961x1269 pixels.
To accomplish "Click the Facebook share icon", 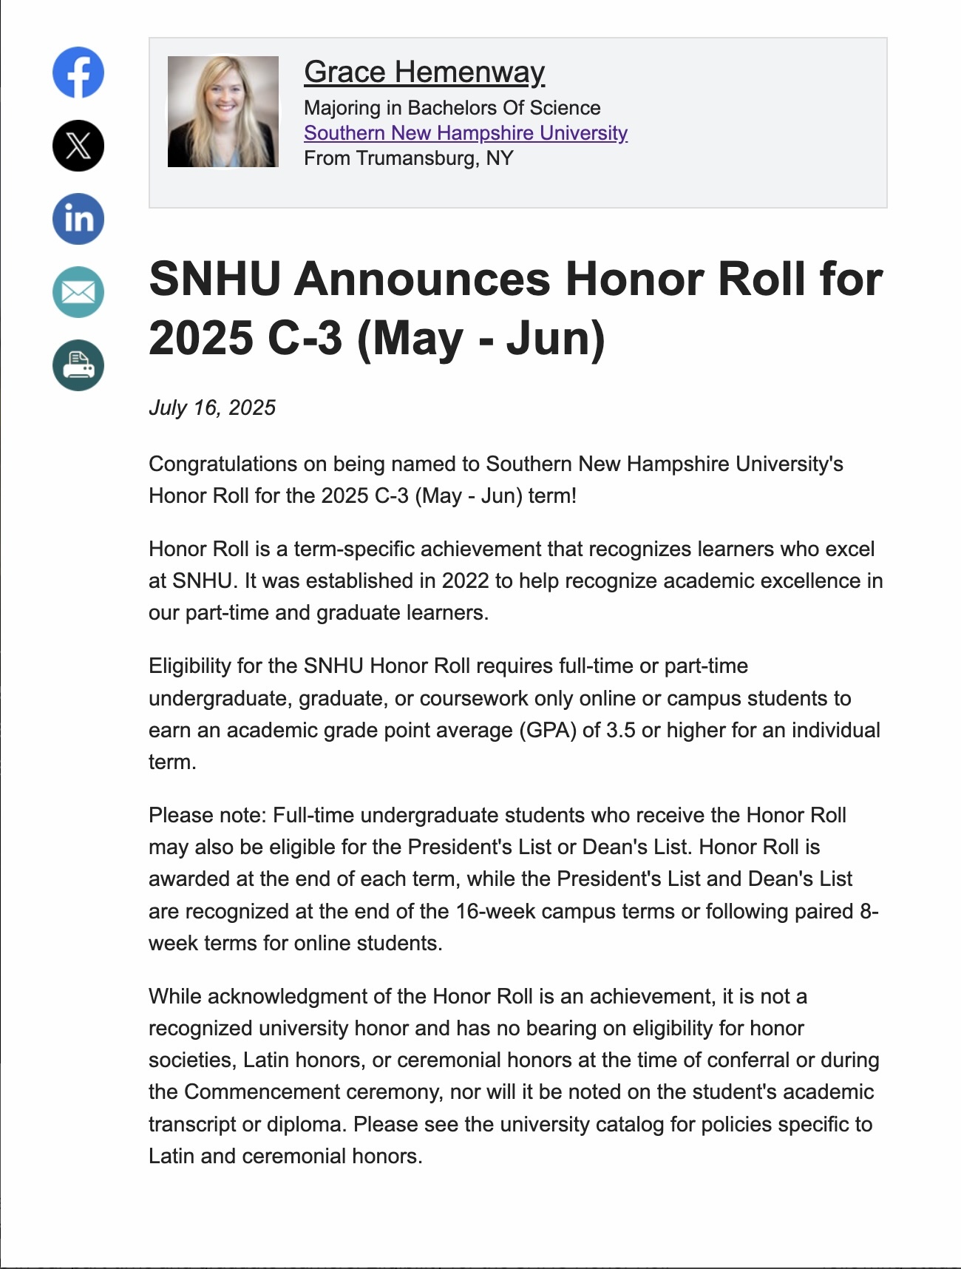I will [78, 72].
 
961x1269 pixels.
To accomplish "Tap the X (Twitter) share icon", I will [78, 146].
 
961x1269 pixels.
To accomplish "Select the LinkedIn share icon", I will [78, 219].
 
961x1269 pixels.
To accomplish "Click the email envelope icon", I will [78, 292].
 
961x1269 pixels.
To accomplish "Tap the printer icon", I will [78, 365].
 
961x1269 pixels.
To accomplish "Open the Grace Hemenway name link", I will [424, 72].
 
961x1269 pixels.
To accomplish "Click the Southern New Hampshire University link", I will [466, 133].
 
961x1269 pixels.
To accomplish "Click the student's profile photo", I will [223, 112].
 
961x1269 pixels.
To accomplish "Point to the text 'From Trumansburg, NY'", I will [408, 158].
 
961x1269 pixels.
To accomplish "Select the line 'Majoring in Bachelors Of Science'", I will [452, 108].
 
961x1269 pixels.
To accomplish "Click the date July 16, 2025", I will [212, 407].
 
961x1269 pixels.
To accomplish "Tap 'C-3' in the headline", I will [305, 338].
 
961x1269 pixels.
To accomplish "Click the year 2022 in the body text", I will [466, 581].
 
